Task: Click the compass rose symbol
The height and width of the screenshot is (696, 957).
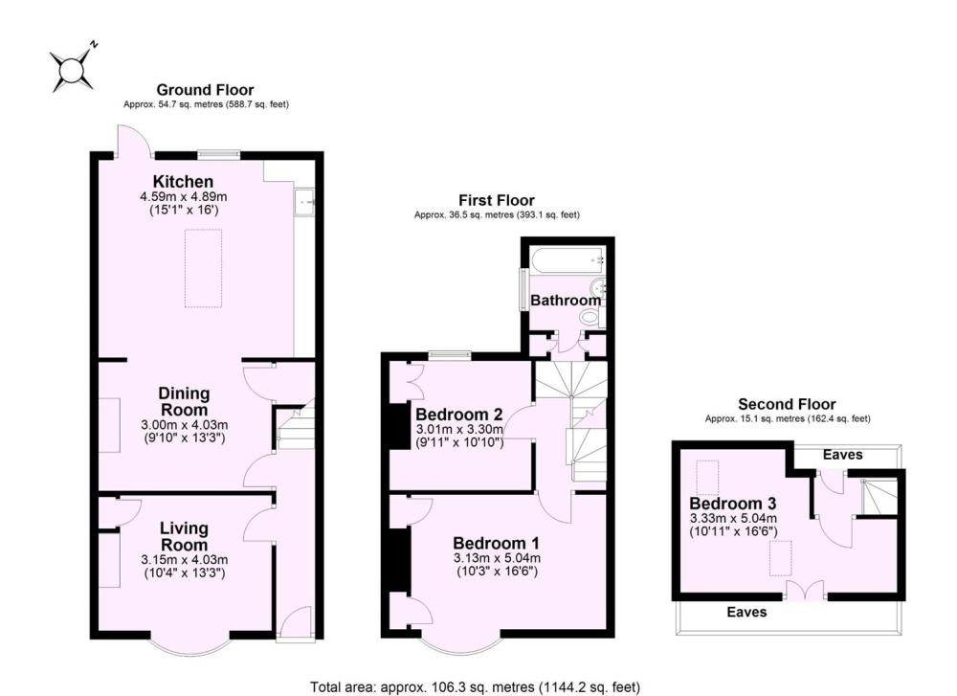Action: (x=73, y=69)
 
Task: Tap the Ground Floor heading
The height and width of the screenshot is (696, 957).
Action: (x=205, y=90)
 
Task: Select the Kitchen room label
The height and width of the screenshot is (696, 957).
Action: (x=183, y=181)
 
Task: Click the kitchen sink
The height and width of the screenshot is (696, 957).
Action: (x=304, y=202)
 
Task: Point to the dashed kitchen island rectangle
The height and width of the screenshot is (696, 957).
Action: (x=203, y=268)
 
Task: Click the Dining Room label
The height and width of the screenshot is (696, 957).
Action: (x=184, y=402)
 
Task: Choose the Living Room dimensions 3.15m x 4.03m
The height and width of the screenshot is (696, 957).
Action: (x=185, y=559)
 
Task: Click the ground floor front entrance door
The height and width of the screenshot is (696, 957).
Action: (x=296, y=624)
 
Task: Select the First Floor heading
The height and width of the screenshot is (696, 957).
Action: (x=496, y=200)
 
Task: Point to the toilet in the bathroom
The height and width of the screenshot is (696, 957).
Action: (x=592, y=316)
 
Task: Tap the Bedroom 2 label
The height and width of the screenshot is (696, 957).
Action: (x=459, y=415)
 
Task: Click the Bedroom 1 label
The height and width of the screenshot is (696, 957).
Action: (x=496, y=543)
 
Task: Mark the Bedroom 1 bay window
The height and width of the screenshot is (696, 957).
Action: (x=461, y=644)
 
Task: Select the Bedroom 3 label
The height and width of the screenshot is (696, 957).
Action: (x=732, y=503)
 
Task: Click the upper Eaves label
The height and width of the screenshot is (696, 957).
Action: (x=842, y=455)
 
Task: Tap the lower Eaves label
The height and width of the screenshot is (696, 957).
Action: (x=746, y=612)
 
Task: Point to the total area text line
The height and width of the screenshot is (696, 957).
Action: (x=476, y=687)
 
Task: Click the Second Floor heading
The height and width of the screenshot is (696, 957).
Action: (x=787, y=404)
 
